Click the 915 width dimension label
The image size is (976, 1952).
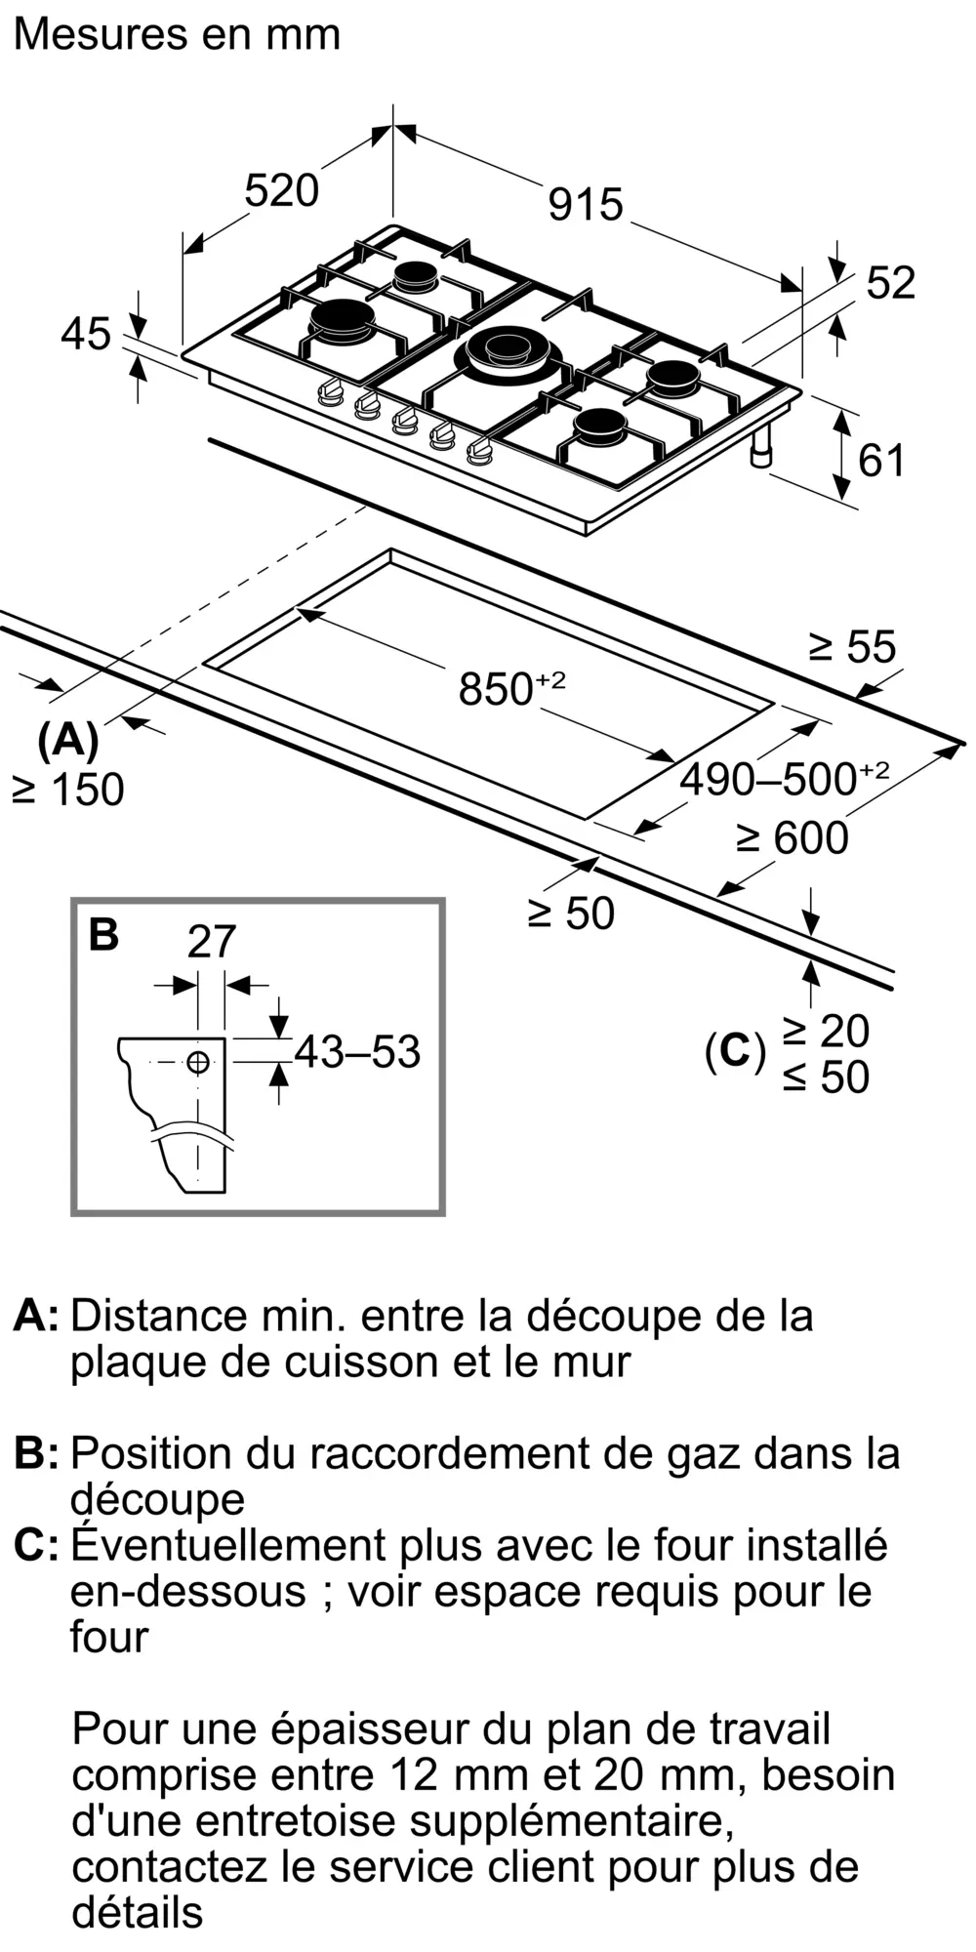click(585, 205)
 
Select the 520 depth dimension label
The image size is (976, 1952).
click(281, 190)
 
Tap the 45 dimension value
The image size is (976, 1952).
click(86, 335)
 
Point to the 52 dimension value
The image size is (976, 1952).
click(890, 283)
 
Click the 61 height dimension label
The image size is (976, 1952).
click(881, 460)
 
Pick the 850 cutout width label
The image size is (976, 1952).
click(510, 688)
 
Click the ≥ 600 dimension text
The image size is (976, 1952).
click(793, 837)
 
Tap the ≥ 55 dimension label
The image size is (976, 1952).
click(852, 647)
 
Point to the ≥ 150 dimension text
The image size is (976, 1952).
click(68, 790)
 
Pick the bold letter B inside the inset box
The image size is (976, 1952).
click(103, 934)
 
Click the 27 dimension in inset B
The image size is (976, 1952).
click(212, 942)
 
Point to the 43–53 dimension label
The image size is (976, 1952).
click(357, 1051)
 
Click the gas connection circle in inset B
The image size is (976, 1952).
click(198, 1062)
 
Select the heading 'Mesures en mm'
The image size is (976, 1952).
click(177, 35)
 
